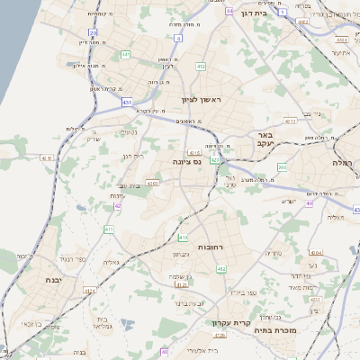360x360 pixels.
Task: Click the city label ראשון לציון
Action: (201, 99)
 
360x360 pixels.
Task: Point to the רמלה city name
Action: (344, 163)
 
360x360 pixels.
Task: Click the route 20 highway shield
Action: (93, 32)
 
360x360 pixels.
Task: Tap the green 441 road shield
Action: (125, 55)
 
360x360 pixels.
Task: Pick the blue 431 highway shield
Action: (128, 103)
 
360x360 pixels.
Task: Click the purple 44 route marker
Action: (229, 10)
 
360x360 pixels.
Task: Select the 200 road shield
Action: (282, 166)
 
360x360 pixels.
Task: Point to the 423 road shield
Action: (215, 160)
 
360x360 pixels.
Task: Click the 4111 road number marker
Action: (47, 157)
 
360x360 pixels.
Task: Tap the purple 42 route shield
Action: (117, 206)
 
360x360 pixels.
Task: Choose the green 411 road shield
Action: (109, 230)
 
